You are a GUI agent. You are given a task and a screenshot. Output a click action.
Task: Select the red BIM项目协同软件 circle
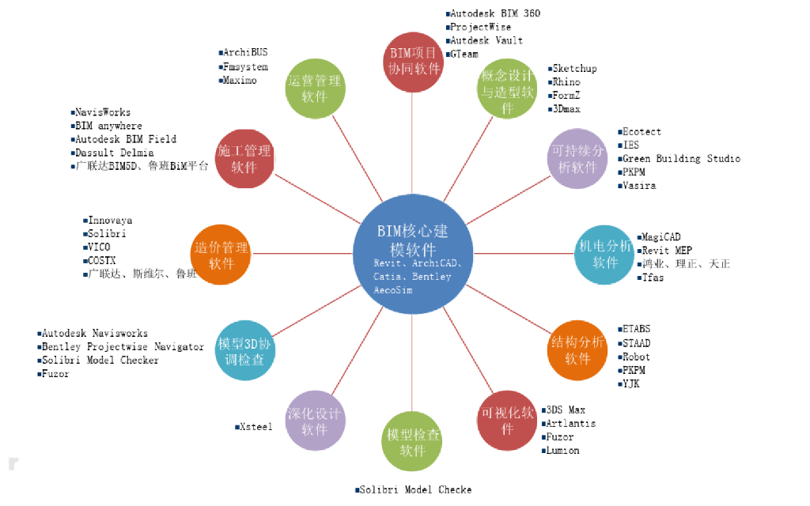click(414, 61)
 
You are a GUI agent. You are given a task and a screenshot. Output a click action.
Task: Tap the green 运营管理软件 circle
click(314, 89)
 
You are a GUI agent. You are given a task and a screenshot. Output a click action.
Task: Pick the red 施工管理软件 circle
click(244, 158)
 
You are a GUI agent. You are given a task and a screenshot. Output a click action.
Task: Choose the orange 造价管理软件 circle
click(221, 255)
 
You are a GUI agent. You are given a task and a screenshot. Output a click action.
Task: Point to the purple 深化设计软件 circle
click(315, 421)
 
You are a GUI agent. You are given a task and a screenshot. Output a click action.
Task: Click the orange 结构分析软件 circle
click(577, 349)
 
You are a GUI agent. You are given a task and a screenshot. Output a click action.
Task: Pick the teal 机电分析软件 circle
click(605, 254)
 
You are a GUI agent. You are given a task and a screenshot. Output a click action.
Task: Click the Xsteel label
click(255, 427)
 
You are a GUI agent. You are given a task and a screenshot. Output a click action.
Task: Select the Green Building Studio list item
click(681, 159)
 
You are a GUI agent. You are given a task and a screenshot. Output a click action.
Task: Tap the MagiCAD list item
click(660, 237)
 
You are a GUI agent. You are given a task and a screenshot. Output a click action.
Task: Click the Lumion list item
click(562, 451)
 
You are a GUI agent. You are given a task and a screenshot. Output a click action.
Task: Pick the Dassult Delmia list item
click(114, 153)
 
